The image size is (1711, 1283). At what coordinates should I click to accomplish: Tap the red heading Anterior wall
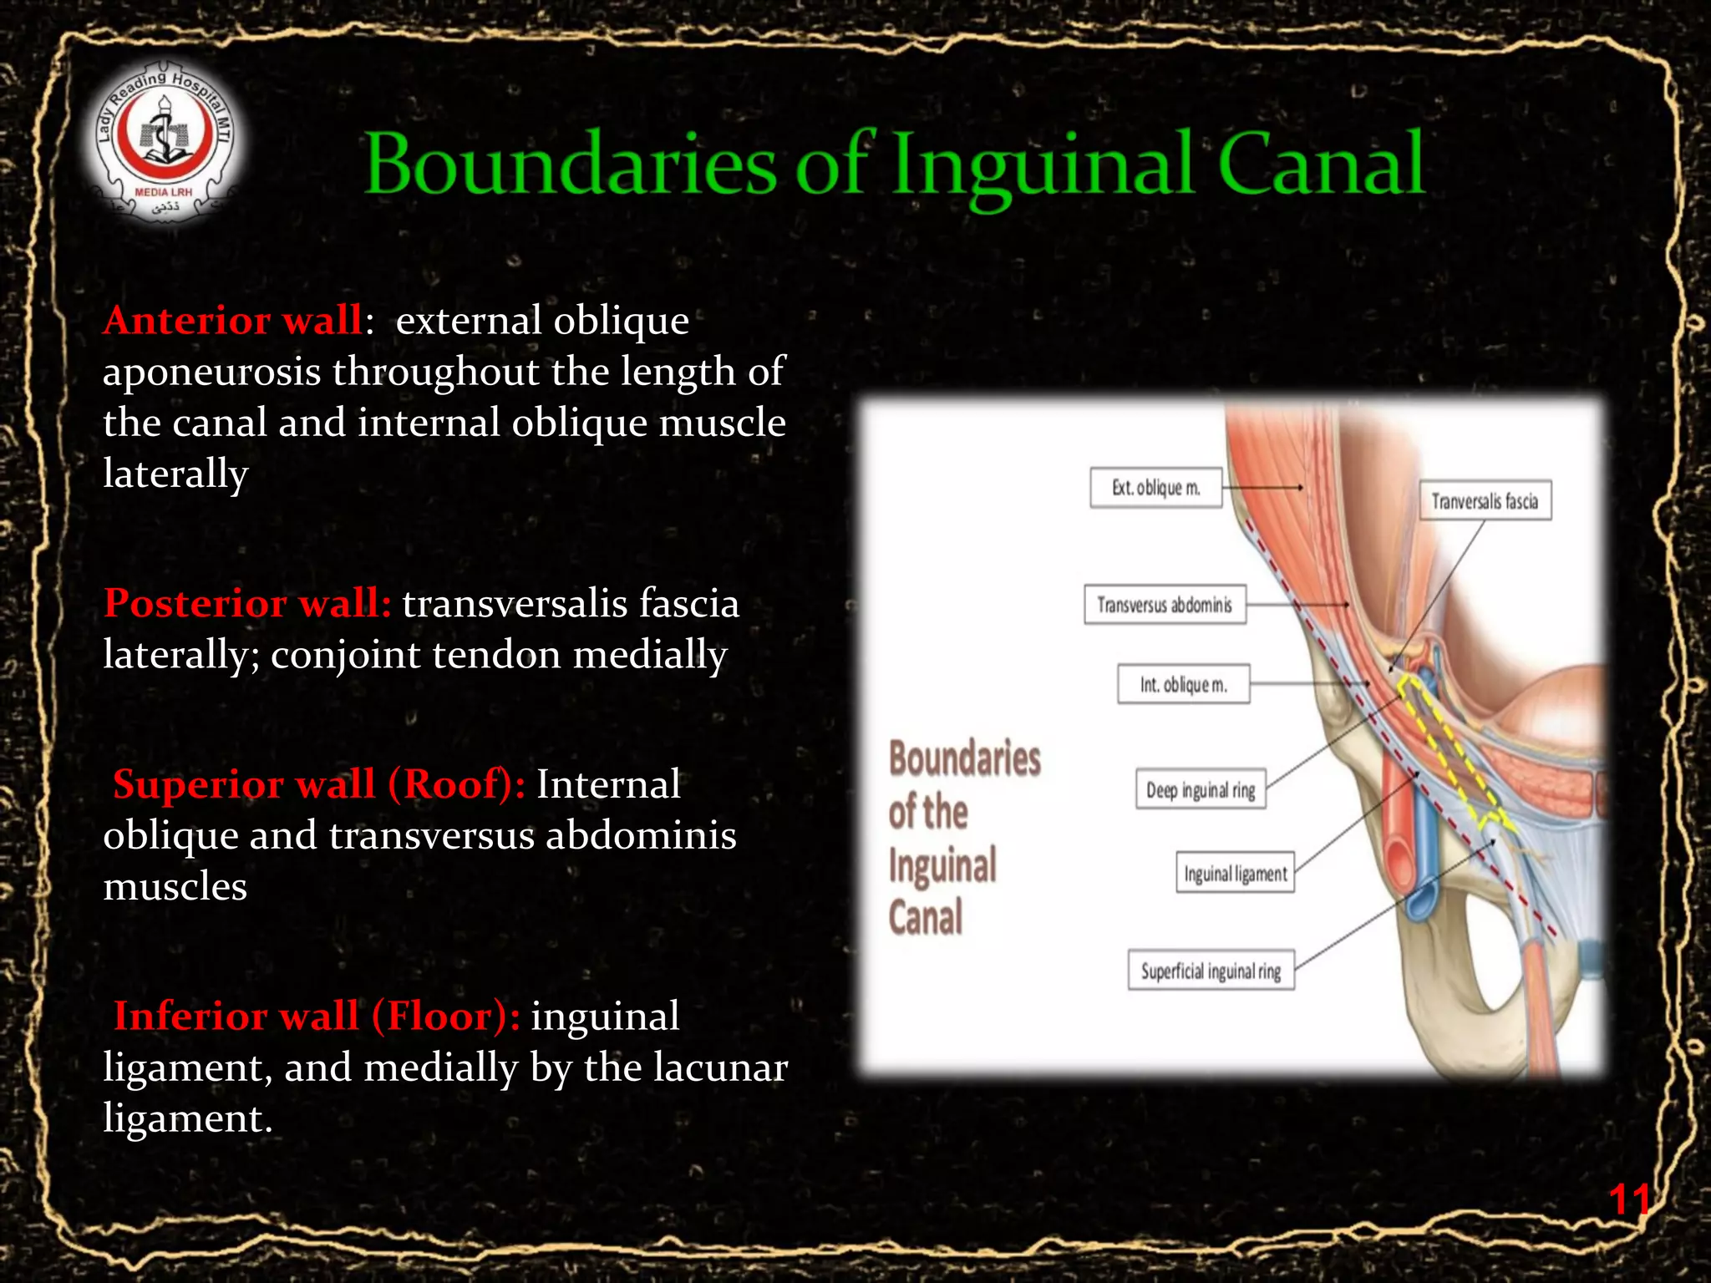pos(233,321)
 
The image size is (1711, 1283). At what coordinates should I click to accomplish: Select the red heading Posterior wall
pos(247,603)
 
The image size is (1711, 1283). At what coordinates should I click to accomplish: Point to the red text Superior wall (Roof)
pos(318,784)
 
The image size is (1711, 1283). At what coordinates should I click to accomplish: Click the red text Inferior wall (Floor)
pos(317,1017)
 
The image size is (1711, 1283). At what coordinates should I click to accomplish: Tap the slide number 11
pos(1628,1199)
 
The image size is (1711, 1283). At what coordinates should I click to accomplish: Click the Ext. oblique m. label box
pos(1155,488)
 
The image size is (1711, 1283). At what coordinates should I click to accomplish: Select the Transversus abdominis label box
pos(1165,605)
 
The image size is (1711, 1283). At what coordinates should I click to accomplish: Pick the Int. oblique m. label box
pos(1183,685)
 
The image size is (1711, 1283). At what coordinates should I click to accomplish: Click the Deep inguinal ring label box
pos(1201,790)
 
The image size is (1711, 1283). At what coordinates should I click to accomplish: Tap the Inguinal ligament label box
pos(1235,874)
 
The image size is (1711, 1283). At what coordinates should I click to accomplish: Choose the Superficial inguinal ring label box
pos(1211,971)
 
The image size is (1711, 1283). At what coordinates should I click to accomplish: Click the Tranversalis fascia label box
pos(1485,501)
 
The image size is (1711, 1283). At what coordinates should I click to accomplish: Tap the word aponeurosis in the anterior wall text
pos(211,373)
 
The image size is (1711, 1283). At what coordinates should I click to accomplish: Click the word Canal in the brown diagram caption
pos(925,917)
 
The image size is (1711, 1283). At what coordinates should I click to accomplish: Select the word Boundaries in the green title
pos(571,165)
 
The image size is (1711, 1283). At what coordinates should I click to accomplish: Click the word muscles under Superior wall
pos(175,887)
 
